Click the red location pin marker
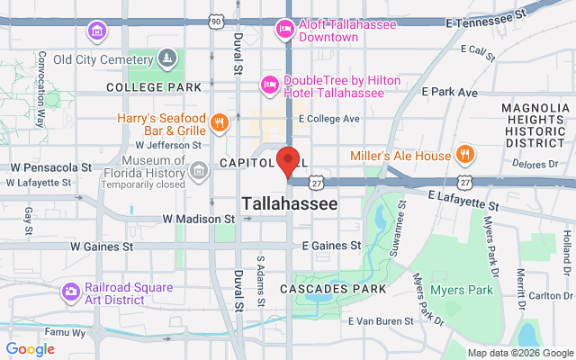tap(288, 160)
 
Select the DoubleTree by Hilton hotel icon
tap(268, 85)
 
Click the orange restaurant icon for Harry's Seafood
tap(218, 123)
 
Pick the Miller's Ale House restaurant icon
tap(465, 155)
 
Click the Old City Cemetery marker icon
tap(166, 59)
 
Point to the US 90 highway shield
tap(214, 19)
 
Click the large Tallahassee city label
tap(290, 204)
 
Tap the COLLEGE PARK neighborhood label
tap(153, 87)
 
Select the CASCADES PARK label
tap(333, 288)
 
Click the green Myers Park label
tap(461, 290)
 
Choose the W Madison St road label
tap(198, 219)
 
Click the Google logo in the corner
tap(30, 349)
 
